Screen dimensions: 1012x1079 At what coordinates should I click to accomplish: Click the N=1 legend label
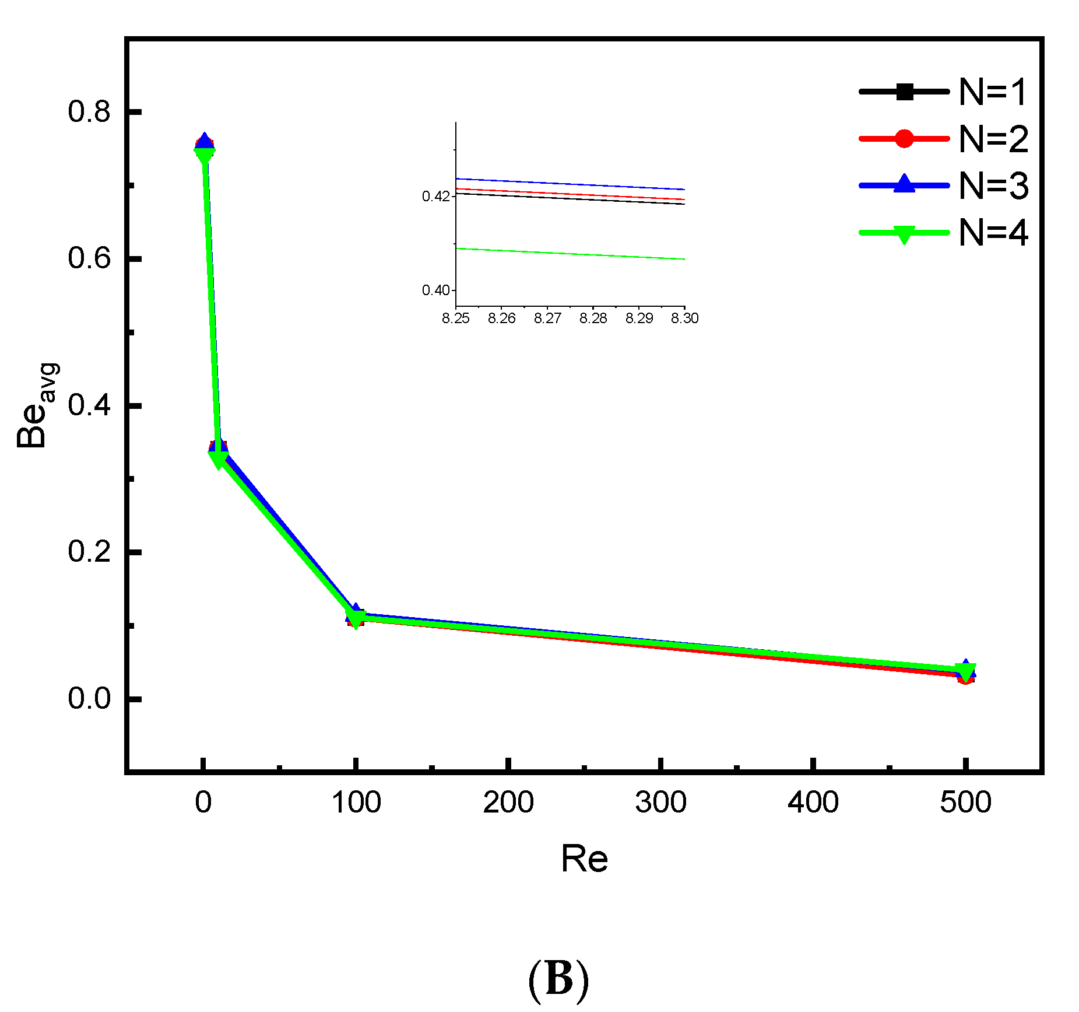993,92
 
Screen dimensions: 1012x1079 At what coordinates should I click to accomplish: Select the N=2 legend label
993,139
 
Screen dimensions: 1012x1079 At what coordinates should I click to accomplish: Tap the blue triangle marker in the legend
904,184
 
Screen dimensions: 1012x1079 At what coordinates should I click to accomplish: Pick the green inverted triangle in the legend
904,234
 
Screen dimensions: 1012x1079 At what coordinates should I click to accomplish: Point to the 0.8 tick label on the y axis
89,111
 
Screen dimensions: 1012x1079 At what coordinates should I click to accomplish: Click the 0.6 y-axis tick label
89,258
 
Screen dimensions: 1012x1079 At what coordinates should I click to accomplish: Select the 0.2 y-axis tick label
89,551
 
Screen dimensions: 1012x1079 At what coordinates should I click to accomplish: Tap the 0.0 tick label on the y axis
89,698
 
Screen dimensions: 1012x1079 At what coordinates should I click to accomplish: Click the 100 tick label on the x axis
356,803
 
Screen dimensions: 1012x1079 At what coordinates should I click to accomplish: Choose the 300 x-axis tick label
660,803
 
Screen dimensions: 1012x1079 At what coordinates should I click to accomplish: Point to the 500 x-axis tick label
965,803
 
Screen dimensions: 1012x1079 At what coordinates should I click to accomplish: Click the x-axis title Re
584,859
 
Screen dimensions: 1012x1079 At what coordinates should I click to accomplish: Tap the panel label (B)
558,979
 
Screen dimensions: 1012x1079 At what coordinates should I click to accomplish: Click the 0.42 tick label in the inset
435,196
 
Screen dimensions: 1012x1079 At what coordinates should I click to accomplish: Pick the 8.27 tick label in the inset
547,318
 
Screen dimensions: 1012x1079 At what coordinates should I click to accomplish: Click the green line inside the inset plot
570,254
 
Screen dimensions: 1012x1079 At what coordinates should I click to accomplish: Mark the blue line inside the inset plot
570,184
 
